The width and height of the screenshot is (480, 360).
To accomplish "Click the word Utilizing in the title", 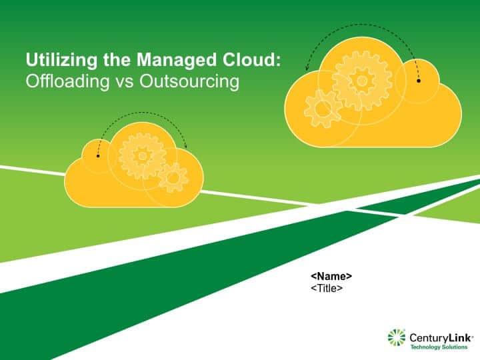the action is click(61, 60).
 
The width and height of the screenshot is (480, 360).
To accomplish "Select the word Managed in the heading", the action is click(177, 60).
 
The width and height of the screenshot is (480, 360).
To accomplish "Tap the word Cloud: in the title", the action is click(251, 60).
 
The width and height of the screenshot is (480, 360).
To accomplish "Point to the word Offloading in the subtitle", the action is click(67, 81).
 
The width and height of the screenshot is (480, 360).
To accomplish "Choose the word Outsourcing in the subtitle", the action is click(189, 82).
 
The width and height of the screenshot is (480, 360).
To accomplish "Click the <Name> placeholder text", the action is click(331, 276).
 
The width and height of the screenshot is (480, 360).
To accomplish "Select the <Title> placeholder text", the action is click(327, 289).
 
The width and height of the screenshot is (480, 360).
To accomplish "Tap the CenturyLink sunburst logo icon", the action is click(397, 337).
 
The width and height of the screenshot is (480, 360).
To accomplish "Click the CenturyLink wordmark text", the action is click(441, 337).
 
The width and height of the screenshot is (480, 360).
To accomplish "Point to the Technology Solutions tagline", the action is click(439, 347).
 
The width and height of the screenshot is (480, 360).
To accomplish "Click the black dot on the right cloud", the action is click(419, 81).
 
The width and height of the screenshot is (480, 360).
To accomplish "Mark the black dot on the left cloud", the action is click(98, 156).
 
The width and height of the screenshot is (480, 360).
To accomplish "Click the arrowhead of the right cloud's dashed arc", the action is click(307, 69).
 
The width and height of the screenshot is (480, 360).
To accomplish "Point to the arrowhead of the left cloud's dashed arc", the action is click(185, 146).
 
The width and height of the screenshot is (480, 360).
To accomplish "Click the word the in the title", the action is click(117, 60).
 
